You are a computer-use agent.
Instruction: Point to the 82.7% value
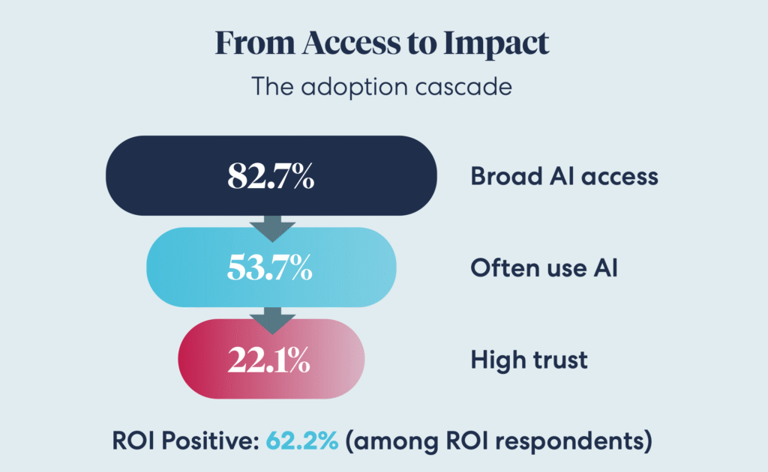pyautogui.click(x=271, y=177)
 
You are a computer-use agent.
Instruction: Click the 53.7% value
pyautogui.click(x=270, y=268)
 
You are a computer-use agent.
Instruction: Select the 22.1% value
pyautogui.click(x=270, y=360)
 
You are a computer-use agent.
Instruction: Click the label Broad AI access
pyautogui.click(x=564, y=177)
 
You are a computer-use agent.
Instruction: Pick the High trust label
pyautogui.click(x=529, y=360)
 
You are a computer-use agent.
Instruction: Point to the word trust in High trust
pyautogui.click(x=559, y=360)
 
